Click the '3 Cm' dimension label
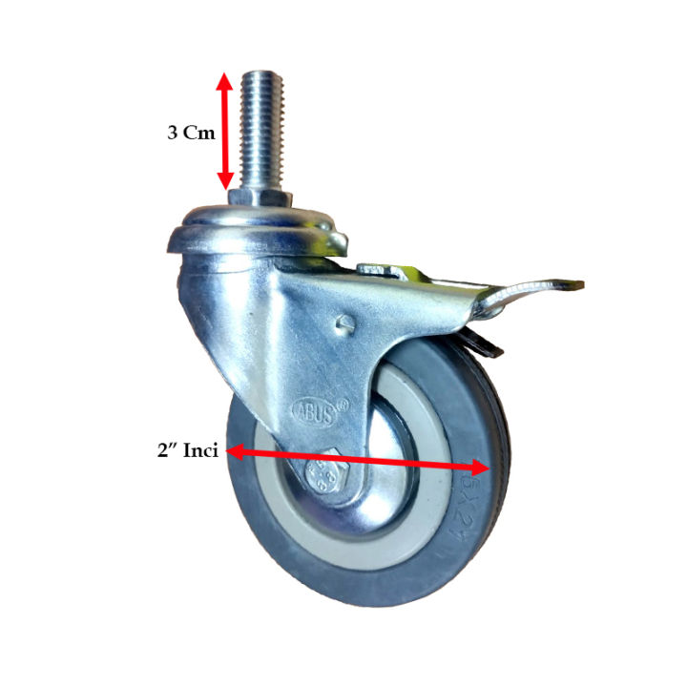[191, 134]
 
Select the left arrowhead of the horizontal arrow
[236, 451]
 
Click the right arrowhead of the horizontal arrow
[482, 467]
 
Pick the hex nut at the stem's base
[259, 198]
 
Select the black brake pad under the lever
[484, 346]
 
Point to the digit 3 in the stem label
[173, 134]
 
